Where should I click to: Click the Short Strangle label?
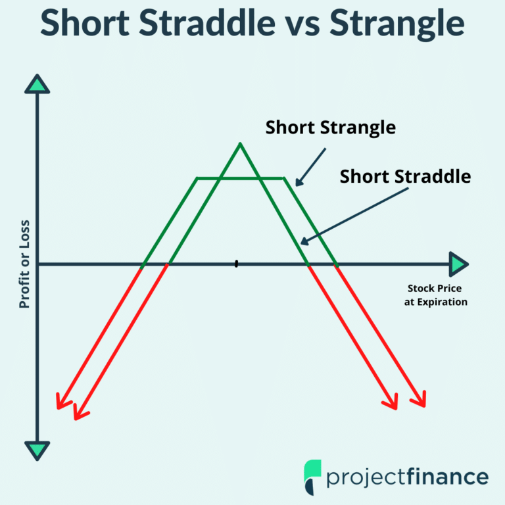pyautogui.click(x=330, y=127)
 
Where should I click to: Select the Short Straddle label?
pyautogui.click(x=405, y=176)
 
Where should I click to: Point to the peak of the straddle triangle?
pyautogui.click(x=240, y=144)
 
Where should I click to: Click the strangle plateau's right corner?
pyautogui.click(x=284, y=178)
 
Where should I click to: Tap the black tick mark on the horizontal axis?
pyautogui.click(x=236, y=264)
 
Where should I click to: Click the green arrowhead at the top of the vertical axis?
pyautogui.click(x=37, y=84)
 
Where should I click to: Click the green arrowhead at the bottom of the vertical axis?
pyautogui.click(x=37, y=450)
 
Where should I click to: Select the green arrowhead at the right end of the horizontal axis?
pyautogui.click(x=458, y=264)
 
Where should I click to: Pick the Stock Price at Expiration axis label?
pyautogui.click(x=435, y=295)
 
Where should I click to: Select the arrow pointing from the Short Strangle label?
pyautogui.click(x=310, y=166)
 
